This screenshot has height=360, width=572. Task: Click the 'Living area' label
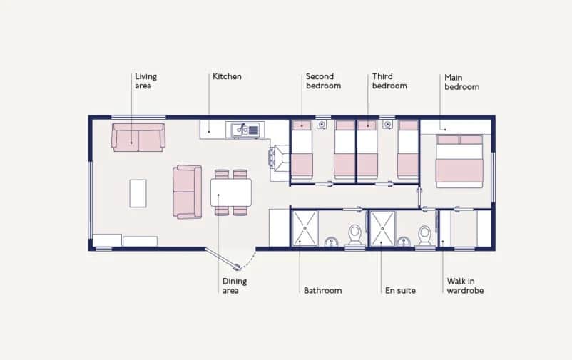[x=145, y=81]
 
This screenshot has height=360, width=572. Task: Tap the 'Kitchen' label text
[x=227, y=76]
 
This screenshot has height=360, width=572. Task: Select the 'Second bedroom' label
[x=323, y=81]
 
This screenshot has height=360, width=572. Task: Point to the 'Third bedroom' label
[x=389, y=81]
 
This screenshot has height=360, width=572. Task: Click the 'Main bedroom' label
[x=461, y=82]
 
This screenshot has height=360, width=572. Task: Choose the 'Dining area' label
[x=235, y=285]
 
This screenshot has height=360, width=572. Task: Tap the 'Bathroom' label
[x=322, y=290]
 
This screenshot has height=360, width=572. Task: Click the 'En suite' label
[x=399, y=290]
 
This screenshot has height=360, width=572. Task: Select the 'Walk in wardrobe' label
[x=465, y=285]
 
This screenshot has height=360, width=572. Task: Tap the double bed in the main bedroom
[x=459, y=161]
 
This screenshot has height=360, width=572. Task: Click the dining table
[x=231, y=192]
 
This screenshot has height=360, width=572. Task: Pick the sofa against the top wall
[x=138, y=137]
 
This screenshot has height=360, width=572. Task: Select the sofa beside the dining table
[x=187, y=192]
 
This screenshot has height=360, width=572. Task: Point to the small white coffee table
[x=138, y=192]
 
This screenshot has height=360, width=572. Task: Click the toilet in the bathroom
[x=354, y=235]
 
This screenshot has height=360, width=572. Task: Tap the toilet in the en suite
[x=425, y=235]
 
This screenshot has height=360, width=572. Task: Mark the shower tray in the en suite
[x=382, y=228]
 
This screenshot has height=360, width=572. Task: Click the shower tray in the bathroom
[x=305, y=228]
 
